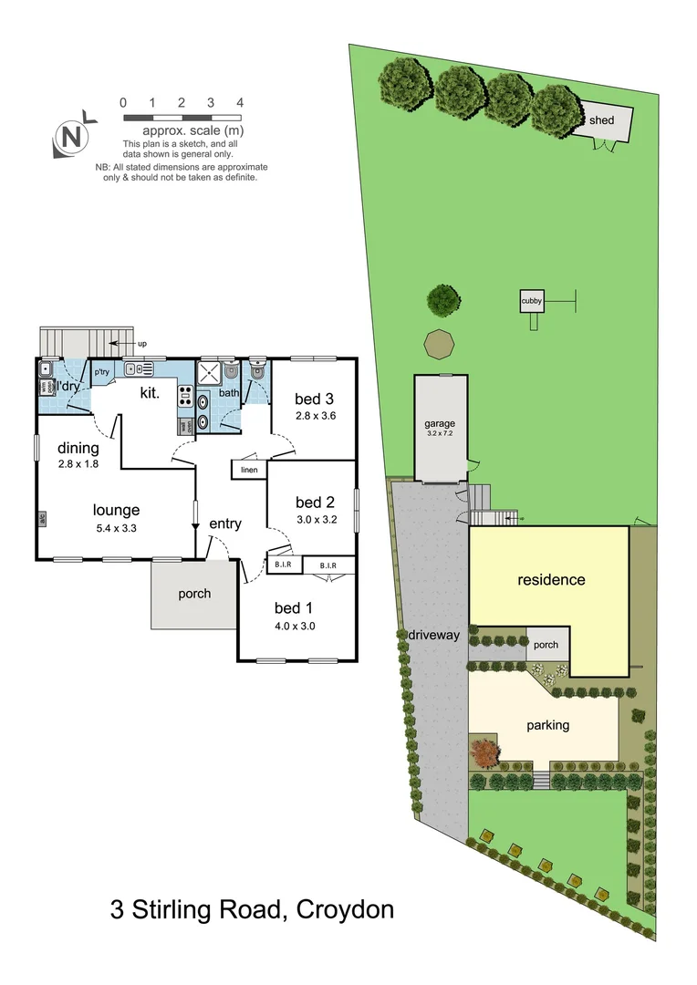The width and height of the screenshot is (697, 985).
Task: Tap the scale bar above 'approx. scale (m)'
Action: pyautogui.click(x=182, y=118)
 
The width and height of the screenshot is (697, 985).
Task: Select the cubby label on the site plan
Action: pyautogui.click(x=531, y=302)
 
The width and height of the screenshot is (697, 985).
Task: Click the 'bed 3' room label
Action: pyautogui.click(x=313, y=399)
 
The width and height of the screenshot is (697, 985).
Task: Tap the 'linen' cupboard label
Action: pyautogui.click(x=248, y=470)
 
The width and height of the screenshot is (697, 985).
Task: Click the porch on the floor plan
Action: pyautogui.click(x=194, y=594)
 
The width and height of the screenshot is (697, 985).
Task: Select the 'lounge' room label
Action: pyautogui.click(x=115, y=511)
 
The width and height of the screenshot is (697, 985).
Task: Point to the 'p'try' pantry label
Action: pyautogui.click(x=101, y=372)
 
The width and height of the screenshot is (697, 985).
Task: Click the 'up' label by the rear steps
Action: pyautogui.click(x=141, y=344)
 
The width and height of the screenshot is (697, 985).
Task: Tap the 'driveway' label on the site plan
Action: pyautogui.click(x=433, y=635)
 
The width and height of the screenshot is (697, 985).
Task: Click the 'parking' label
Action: pyautogui.click(x=547, y=726)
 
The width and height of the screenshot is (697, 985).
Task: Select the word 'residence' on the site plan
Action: pyautogui.click(x=551, y=580)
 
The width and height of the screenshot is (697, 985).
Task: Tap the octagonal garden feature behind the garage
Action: pyautogui.click(x=440, y=345)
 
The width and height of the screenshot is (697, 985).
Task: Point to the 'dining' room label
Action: pyautogui.click(x=78, y=448)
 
